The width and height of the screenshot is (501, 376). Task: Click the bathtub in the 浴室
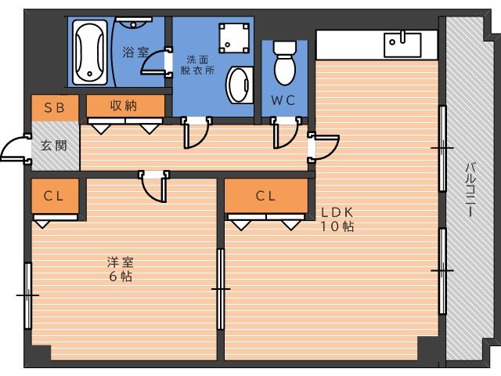[90, 52]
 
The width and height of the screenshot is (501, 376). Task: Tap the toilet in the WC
[284, 63]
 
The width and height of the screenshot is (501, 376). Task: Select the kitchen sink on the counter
[402, 45]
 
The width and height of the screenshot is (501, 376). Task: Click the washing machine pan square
[234, 38]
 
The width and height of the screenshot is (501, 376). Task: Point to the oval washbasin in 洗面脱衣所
[240, 85]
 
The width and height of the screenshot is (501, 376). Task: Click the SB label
[55, 108]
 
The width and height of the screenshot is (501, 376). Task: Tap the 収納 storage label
[124, 106]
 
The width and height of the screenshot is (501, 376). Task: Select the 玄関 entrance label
[54, 146]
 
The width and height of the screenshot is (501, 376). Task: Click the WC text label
[283, 100]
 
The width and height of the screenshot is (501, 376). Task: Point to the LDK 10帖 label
[337, 219]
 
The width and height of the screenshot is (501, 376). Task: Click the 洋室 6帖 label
[120, 269]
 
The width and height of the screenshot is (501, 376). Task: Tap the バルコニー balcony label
[470, 190]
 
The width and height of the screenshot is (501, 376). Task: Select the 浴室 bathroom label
[135, 52]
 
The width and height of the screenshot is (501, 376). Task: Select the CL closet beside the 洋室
[55, 196]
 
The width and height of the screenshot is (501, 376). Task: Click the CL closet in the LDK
[266, 196]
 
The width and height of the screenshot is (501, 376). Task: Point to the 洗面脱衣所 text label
[197, 65]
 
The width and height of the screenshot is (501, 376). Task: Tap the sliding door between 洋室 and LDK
[221, 289]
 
